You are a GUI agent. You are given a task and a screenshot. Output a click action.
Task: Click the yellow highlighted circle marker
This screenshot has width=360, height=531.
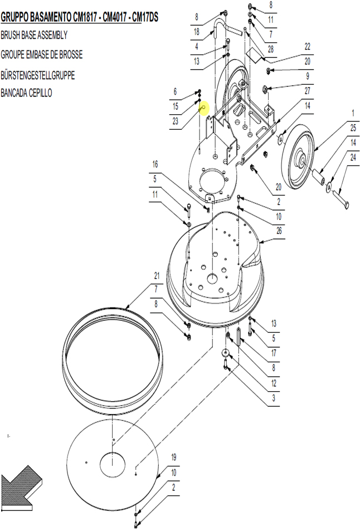tap(204, 108)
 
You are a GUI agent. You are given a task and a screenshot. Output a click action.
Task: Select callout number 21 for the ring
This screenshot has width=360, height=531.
tap(157, 276)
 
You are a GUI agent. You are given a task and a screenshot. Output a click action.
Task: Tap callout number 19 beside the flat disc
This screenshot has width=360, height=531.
tap(173, 457)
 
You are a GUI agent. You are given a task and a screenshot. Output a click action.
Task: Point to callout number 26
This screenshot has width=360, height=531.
tap(279, 231)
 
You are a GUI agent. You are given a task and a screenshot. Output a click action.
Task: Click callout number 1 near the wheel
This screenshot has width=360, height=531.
tap(353, 113)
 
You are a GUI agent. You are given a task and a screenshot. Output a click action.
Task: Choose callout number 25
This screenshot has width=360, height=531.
tap(353, 128)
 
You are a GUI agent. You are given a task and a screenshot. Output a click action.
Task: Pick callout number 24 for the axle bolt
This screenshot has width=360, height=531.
tap(353, 157)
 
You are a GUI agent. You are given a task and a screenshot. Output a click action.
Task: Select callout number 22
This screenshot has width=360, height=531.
tap(307, 46)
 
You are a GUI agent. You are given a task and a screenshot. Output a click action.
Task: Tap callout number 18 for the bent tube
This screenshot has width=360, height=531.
tap(196, 32)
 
